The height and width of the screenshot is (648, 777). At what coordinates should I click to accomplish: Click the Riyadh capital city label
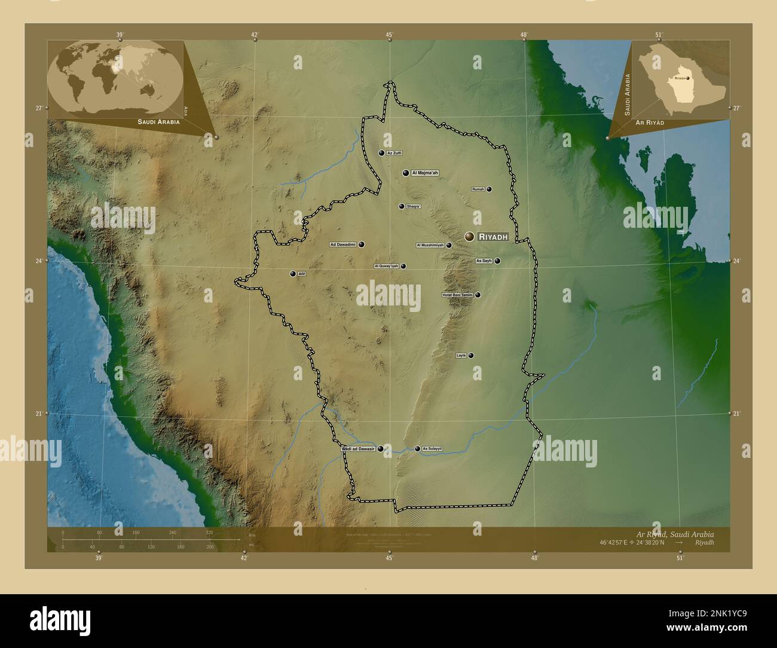pos(493,237)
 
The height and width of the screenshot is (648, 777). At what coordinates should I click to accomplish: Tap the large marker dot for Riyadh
pos(470,237)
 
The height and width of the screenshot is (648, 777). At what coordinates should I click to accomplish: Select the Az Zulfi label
pos(394,153)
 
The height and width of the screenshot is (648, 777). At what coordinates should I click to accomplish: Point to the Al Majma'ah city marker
pos(406,173)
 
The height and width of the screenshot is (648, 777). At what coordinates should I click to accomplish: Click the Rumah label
pos(478,189)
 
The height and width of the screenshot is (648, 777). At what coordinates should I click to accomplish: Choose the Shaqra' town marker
pos(402,206)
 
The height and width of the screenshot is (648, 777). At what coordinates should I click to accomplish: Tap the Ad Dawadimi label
pos(343,244)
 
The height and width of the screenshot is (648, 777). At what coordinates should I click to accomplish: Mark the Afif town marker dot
pos(293,274)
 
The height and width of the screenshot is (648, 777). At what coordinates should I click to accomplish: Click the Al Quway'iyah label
pos(386,266)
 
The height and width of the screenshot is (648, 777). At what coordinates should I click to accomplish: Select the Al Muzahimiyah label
pos(430,245)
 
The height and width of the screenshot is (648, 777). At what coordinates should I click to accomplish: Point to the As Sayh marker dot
pos(497,261)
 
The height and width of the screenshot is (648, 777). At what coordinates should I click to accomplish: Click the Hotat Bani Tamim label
pos(457,295)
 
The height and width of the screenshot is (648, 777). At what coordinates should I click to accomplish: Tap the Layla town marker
pos(471,355)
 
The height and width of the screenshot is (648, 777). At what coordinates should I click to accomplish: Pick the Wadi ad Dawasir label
pos(358,448)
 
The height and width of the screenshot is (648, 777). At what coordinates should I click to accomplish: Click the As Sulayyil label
pos(432,448)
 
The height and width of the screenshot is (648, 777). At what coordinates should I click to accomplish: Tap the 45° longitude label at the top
pos(389,35)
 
